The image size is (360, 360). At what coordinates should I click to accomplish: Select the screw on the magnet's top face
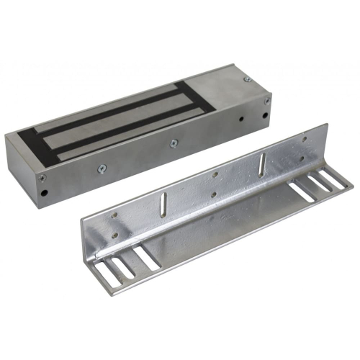click(247, 78)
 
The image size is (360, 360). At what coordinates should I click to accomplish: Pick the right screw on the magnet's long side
click(174, 143)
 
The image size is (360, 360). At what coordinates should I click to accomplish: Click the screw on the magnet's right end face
click(267, 102)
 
